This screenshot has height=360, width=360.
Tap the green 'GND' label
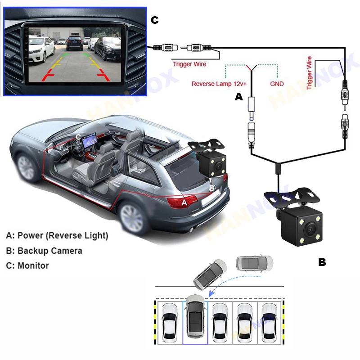click(x=277, y=84)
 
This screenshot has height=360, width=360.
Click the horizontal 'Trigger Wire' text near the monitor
click(x=189, y=64)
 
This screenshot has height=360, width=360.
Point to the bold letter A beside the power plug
click(x=239, y=96)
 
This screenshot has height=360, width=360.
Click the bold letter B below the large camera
click(x=322, y=262)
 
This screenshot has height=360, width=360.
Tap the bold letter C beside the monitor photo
click(x=155, y=20)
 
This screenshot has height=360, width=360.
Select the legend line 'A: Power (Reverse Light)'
click(x=57, y=235)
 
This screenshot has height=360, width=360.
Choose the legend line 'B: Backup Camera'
click(x=44, y=251)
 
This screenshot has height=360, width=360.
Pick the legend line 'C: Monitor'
click(x=27, y=265)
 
